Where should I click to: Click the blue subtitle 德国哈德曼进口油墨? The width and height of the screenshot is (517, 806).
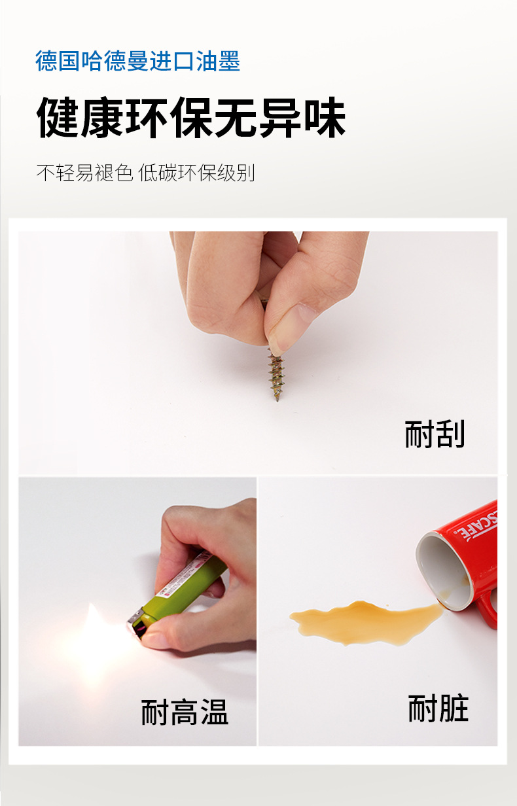click(138, 61)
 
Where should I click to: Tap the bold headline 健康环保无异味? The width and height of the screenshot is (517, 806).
click(191, 118)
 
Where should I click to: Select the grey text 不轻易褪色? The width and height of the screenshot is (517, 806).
click(84, 173)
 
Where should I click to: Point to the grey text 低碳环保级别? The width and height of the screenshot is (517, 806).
click(197, 173)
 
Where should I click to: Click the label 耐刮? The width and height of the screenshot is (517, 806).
click(435, 434)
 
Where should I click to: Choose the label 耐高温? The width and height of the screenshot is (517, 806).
click(185, 712)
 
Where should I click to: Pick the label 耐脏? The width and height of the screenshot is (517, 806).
click(438, 709)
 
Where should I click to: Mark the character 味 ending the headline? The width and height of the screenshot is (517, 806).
click(324, 118)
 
